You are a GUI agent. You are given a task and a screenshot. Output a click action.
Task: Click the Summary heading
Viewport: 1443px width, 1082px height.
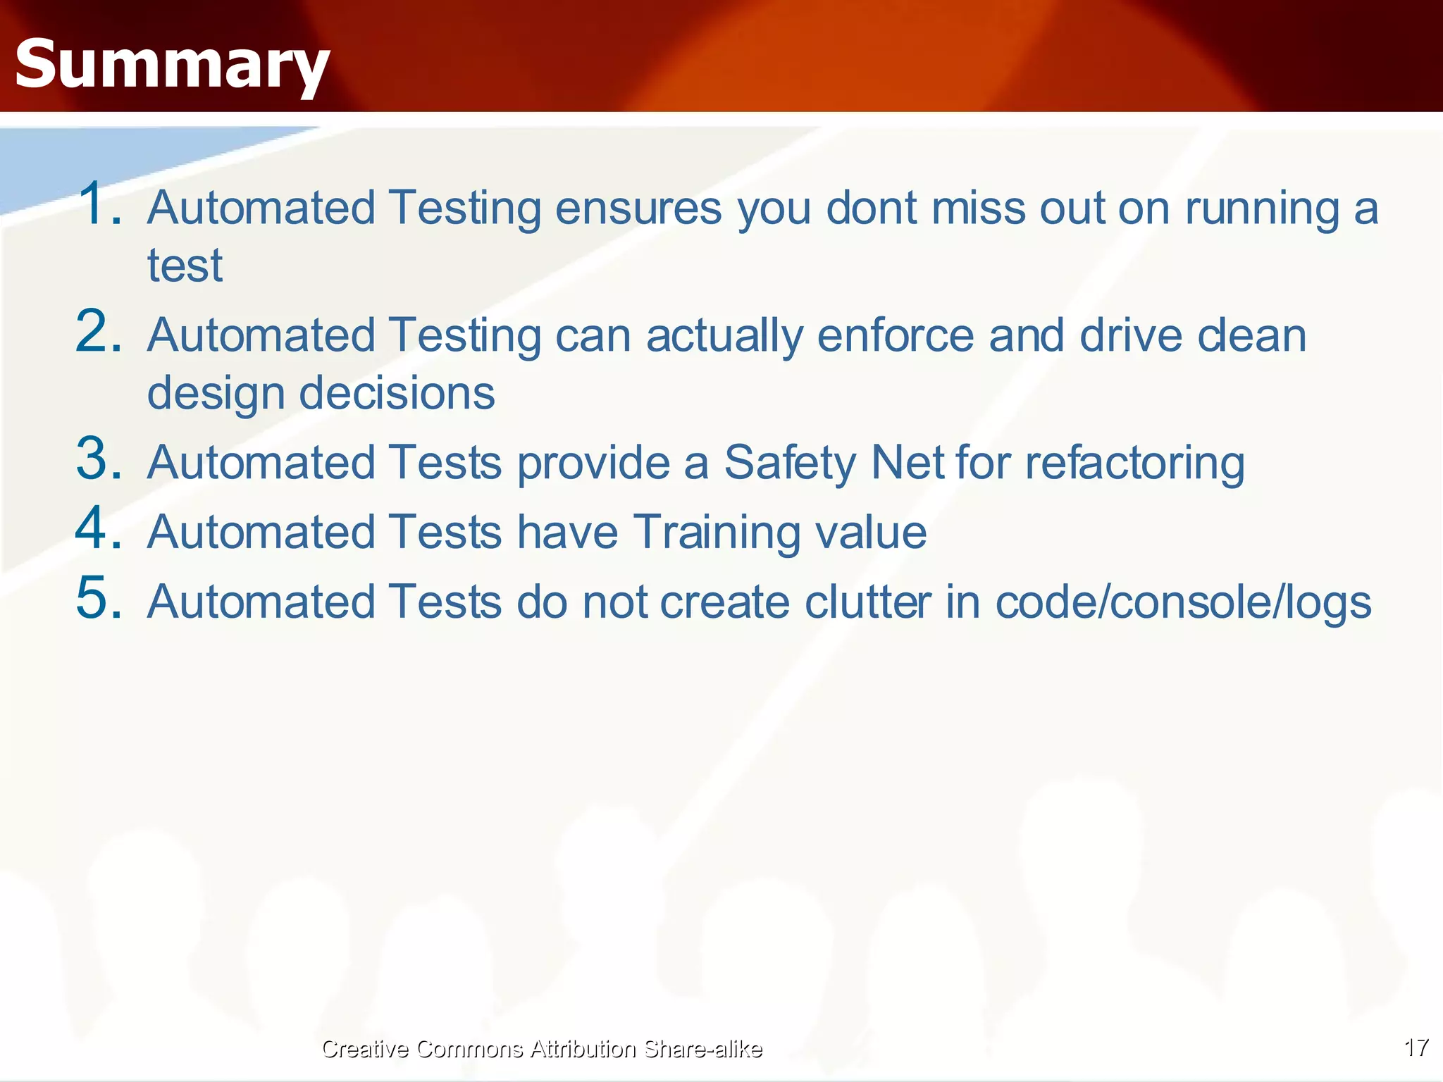pyautogui.click(x=172, y=65)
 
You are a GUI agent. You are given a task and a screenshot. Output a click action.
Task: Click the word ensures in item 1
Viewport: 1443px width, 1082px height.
pyautogui.click(x=638, y=209)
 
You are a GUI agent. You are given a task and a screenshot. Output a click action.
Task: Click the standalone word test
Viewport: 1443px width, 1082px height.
pyautogui.click(x=185, y=266)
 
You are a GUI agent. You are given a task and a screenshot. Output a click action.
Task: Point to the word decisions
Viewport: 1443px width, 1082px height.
pyautogui.click(x=397, y=393)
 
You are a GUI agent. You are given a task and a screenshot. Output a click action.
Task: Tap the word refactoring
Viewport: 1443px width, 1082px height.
pyautogui.click(x=1134, y=464)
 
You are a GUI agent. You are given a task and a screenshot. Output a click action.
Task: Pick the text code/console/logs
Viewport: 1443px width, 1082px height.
pyautogui.click(x=1183, y=604)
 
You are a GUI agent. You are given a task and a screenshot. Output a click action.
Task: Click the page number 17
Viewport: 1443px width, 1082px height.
pyautogui.click(x=1416, y=1047)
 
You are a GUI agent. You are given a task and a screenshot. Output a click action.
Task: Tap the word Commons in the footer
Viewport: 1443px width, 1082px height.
pyautogui.click(x=469, y=1049)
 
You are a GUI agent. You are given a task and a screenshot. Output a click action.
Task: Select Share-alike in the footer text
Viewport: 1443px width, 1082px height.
pyautogui.click(x=702, y=1049)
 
